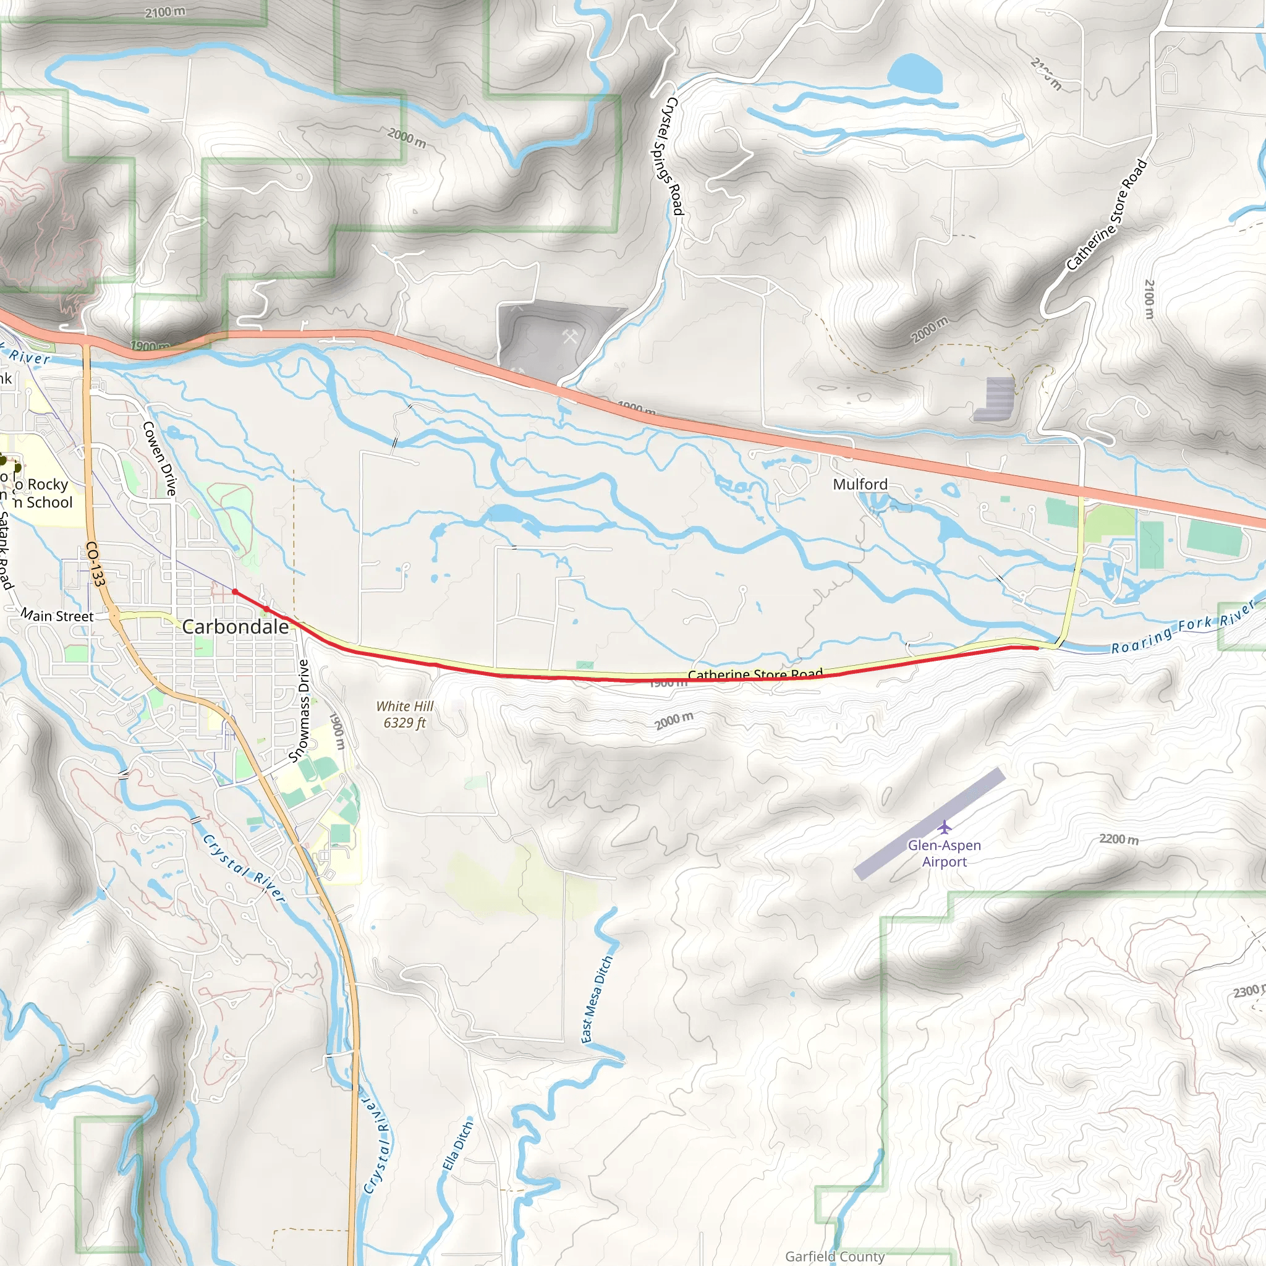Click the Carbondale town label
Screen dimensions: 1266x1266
[x=236, y=627]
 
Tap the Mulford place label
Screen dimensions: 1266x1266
[x=860, y=484]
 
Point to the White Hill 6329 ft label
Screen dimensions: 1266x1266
[x=404, y=714]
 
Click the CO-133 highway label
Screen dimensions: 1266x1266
[x=96, y=564]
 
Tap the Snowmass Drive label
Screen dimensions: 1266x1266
[x=299, y=711]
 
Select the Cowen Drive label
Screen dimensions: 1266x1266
[x=160, y=458]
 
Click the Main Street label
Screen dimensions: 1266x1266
[x=57, y=616]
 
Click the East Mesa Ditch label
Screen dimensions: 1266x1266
[x=597, y=999]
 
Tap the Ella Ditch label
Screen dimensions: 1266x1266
[x=457, y=1145]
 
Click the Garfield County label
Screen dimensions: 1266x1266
[x=835, y=1256]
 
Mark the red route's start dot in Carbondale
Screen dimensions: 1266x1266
[x=234, y=592]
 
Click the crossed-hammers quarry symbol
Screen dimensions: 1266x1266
[x=569, y=336]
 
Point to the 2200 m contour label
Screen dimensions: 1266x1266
[x=1118, y=839]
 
